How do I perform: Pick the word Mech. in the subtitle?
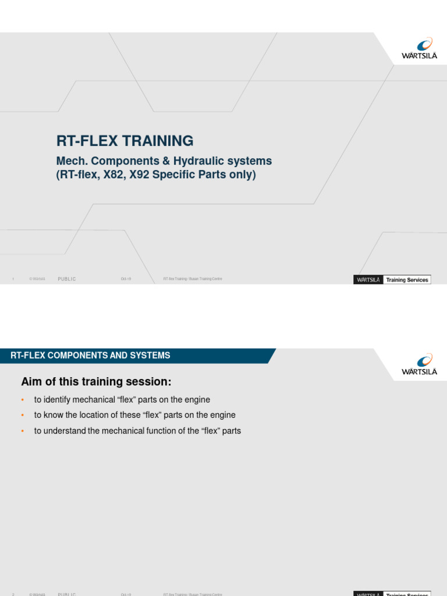point(70,161)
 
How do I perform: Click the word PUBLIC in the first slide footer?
point(67,279)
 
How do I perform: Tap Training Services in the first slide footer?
point(407,280)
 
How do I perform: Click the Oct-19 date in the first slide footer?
point(126,279)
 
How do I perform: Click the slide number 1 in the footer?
point(13,279)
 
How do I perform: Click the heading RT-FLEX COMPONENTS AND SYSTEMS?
point(90,356)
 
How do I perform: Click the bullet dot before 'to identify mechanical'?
point(22,400)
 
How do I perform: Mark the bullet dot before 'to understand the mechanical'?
point(22,431)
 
